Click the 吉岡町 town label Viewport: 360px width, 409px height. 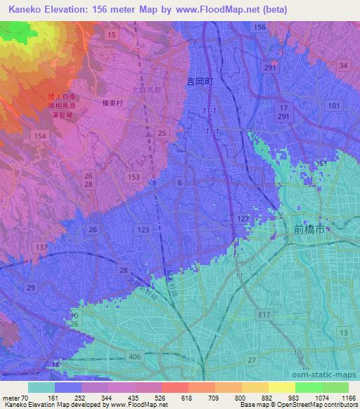pyautogui.click(x=199, y=82)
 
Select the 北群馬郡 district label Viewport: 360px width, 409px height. pyautogui.click(x=147, y=90)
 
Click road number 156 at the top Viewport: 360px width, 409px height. pyautogui.click(x=259, y=27)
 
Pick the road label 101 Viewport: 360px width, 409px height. pyautogui.click(x=334, y=105)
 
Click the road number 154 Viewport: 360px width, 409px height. pyautogui.click(x=40, y=136)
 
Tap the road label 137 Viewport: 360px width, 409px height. pyautogui.click(x=41, y=247)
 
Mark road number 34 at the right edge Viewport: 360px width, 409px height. pyautogui.click(x=343, y=65)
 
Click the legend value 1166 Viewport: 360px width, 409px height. pyautogui.click(x=348, y=397)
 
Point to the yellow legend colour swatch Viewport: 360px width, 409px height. pyautogui.click(x=282, y=387)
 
